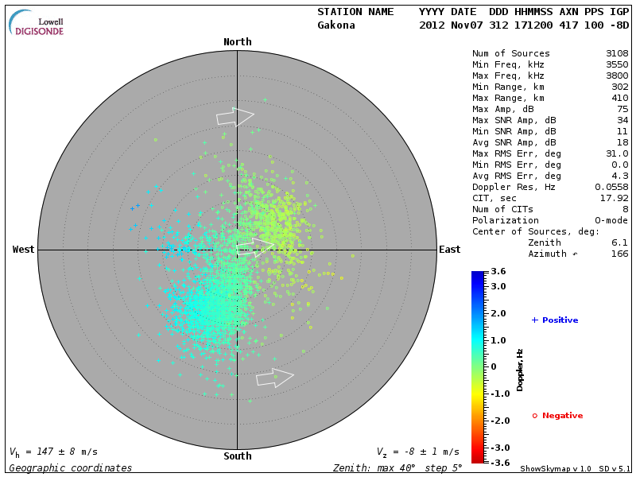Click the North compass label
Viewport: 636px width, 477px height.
237,42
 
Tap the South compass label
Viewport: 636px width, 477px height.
237,456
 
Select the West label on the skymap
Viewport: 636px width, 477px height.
24,250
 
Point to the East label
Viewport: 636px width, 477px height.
449,250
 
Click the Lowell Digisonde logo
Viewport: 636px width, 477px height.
37,23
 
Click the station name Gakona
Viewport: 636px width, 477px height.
336,25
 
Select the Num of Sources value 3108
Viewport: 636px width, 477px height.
617,54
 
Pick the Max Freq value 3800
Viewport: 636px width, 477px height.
617,76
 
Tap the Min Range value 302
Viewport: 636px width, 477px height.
619,87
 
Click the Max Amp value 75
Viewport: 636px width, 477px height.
622,110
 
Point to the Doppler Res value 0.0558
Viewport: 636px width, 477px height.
611,187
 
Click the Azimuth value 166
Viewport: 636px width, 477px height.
619,254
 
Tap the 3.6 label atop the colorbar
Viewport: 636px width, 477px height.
498,271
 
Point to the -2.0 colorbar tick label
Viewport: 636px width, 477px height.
498,421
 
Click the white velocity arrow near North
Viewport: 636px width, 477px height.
235,118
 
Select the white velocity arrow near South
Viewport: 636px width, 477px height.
275,378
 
